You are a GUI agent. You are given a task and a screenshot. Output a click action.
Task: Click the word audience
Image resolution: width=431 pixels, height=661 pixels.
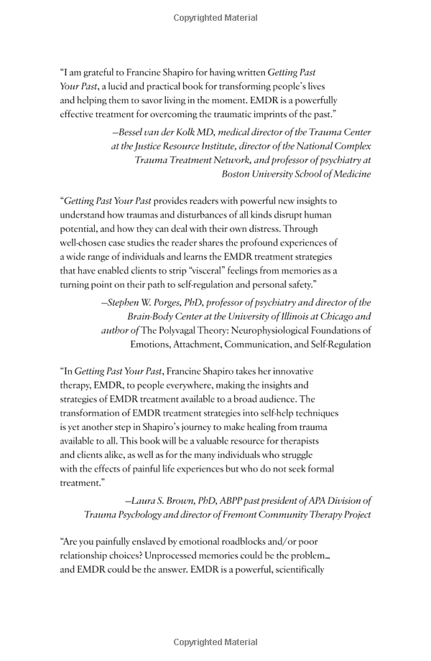coord(275,399)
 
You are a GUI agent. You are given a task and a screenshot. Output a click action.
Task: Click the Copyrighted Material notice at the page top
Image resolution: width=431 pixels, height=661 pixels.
coord(215,16)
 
